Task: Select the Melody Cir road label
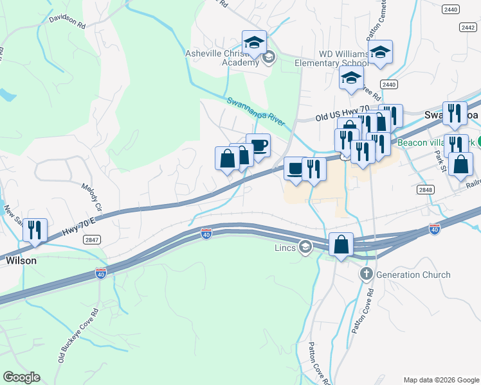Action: click(x=91, y=196)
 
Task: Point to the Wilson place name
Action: click(x=21, y=261)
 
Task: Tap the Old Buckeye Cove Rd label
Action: click(x=77, y=344)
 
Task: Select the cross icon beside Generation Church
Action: click(x=366, y=275)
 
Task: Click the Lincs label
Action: click(x=284, y=247)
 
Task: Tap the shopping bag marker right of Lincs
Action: click(x=341, y=244)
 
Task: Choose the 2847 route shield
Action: click(x=92, y=239)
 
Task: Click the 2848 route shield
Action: click(x=425, y=189)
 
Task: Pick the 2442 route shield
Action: click(x=467, y=27)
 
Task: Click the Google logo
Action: click(x=22, y=377)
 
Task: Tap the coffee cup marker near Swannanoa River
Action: click(x=258, y=146)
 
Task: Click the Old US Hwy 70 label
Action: click(x=342, y=115)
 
